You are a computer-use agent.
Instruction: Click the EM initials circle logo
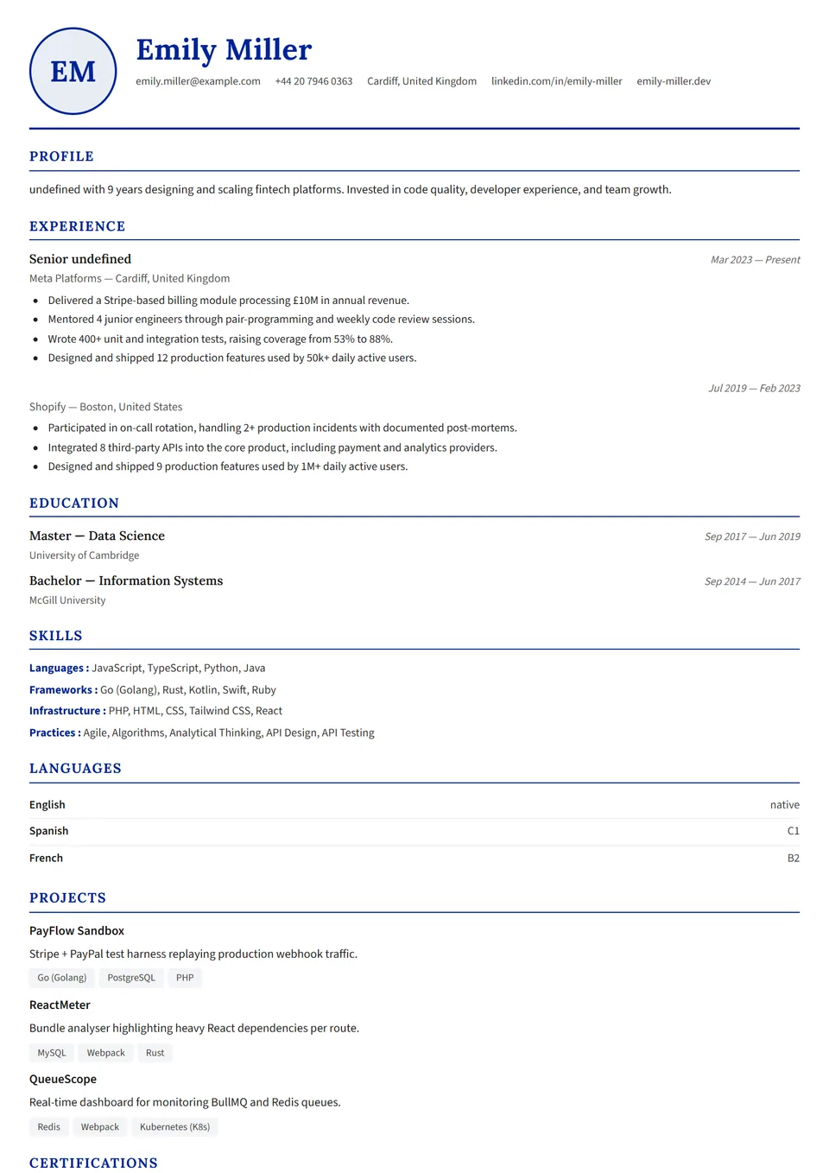click(73, 72)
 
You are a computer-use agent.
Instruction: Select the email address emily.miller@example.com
click(198, 81)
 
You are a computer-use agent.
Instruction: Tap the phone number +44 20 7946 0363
click(313, 81)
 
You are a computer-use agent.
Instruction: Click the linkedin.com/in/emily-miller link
click(556, 81)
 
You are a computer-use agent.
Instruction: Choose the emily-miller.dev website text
click(674, 81)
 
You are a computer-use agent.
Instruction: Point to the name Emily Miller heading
click(224, 50)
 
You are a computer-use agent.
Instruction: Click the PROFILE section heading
click(61, 156)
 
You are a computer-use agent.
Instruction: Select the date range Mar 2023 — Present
click(755, 260)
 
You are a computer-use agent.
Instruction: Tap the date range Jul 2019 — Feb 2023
click(754, 389)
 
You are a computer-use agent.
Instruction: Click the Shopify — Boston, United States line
click(105, 407)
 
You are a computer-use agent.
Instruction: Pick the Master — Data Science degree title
click(97, 536)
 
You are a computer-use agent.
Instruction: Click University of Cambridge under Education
click(84, 555)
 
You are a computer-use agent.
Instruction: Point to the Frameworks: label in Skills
click(63, 690)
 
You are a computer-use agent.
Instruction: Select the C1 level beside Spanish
click(793, 831)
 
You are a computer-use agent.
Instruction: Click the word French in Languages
click(46, 859)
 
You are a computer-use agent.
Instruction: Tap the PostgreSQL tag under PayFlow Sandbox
click(131, 978)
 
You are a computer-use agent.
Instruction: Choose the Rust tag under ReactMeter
click(155, 1053)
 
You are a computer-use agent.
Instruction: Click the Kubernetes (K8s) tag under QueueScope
click(174, 1127)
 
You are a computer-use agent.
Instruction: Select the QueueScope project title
click(63, 1080)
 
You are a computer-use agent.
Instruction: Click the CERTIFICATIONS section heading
click(93, 1163)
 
